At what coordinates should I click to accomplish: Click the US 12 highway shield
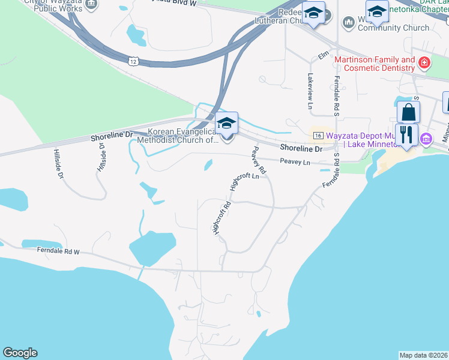point(133,61)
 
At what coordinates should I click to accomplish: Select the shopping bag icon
point(408,112)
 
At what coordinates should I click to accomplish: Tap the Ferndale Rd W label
point(58,250)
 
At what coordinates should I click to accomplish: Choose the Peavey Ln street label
point(295,161)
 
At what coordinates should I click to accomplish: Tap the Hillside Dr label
point(58,164)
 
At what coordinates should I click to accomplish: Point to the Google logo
point(20,353)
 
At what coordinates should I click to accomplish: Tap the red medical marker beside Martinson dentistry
point(424,62)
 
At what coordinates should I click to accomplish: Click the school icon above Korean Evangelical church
point(227,123)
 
